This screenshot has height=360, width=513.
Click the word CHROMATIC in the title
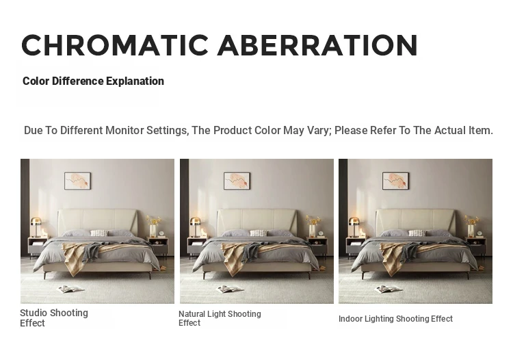pyautogui.click(x=115, y=45)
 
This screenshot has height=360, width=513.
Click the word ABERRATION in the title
pyautogui.click(x=317, y=45)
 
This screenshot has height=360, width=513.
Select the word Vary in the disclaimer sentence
pyautogui.click(x=319, y=131)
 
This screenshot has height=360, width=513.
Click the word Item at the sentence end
pyautogui.click(x=481, y=130)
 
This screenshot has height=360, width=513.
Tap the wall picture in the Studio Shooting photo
pyautogui.click(x=77, y=181)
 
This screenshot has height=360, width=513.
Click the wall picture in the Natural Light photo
pyautogui.click(x=237, y=181)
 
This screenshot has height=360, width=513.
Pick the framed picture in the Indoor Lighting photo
pyautogui.click(x=395, y=181)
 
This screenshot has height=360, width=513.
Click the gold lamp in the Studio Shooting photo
pyautogui.click(x=36, y=227)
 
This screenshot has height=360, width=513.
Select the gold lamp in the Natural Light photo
pyautogui.click(x=196, y=227)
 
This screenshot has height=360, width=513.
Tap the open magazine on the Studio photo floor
pyautogui.click(x=71, y=289)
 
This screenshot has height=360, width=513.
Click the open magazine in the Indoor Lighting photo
pyautogui.click(x=389, y=289)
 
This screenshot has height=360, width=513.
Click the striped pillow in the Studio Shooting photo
pyautogui.click(x=98, y=233)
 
